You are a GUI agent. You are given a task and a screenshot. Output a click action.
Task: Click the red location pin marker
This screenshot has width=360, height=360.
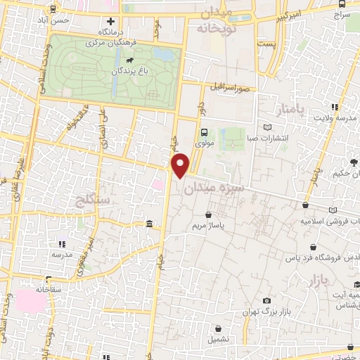181,166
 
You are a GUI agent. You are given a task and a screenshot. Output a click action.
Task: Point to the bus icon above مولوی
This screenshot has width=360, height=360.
204,131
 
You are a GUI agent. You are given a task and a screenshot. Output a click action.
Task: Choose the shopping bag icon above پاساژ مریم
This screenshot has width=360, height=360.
208,214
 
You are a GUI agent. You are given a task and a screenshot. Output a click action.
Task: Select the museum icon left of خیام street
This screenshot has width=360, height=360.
149,224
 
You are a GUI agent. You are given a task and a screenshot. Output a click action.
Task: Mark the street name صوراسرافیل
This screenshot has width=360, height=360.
229,89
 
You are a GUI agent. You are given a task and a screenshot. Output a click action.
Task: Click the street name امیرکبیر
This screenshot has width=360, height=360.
288,13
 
